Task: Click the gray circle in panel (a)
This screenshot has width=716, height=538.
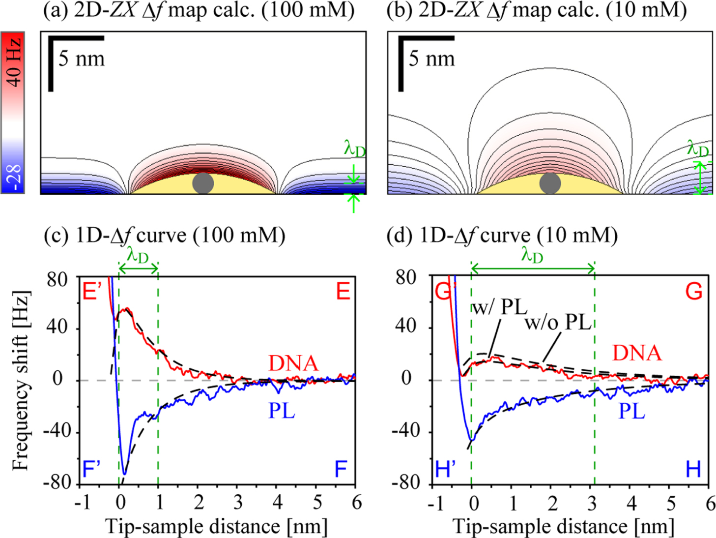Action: pyautogui.click(x=203, y=183)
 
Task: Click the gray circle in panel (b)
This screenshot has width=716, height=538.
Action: pyautogui.click(x=550, y=183)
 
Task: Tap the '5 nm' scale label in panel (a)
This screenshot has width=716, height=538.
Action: pyautogui.click(x=81, y=59)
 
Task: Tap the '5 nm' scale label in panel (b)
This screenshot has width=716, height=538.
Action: pyautogui.click(x=431, y=59)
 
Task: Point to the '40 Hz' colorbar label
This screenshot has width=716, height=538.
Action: pyautogui.click(x=13, y=61)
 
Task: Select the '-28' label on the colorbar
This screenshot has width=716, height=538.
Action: pyautogui.click(x=13, y=178)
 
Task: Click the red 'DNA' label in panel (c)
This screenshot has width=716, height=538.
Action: pyautogui.click(x=293, y=363)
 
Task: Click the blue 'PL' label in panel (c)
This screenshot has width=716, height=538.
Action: pyautogui.click(x=282, y=411)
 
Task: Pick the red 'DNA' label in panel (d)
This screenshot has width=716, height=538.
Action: pyautogui.click(x=637, y=353)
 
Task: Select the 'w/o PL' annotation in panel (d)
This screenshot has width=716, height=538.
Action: pyautogui.click(x=558, y=323)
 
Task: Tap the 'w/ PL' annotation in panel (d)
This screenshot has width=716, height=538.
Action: pyautogui.click(x=499, y=308)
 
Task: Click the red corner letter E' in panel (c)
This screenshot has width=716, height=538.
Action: pyautogui.click(x=92, y=292)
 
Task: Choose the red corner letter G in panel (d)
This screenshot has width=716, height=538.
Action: pyautogui.click(x=694, y=292)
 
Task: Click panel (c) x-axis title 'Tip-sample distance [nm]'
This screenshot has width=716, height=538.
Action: pyautogui.click(x=216, y=526)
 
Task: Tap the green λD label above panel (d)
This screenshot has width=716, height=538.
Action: pyautogui.click(x=532, y=255)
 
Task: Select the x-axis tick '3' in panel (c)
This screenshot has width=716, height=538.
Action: pyautogui.click(x=238, y=503)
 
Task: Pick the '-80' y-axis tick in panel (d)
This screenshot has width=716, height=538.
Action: pyautogui.click(x=406, y=483)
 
